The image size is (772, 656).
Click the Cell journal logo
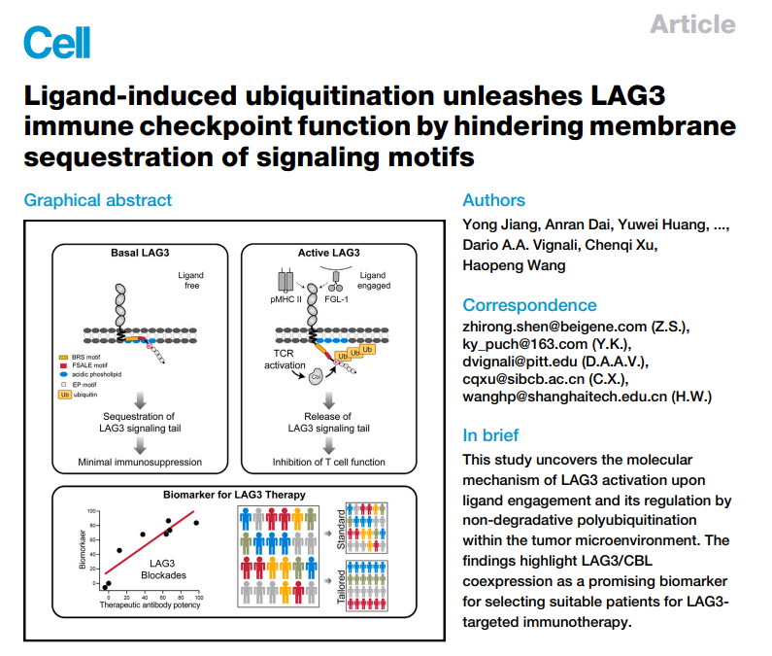(x=56, y=42)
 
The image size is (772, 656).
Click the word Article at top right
(x=692, y=24)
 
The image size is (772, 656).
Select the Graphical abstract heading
(x=98, y=200)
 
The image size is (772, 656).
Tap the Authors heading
(x=493, y=200)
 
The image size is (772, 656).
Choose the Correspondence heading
(x=529, y=305)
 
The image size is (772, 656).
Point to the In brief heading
(x=490, y=434)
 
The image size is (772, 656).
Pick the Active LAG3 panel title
(x=329, y=254)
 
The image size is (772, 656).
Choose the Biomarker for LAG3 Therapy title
(x=233, y=495)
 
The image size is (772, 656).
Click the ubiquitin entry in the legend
(x=88, y=395)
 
